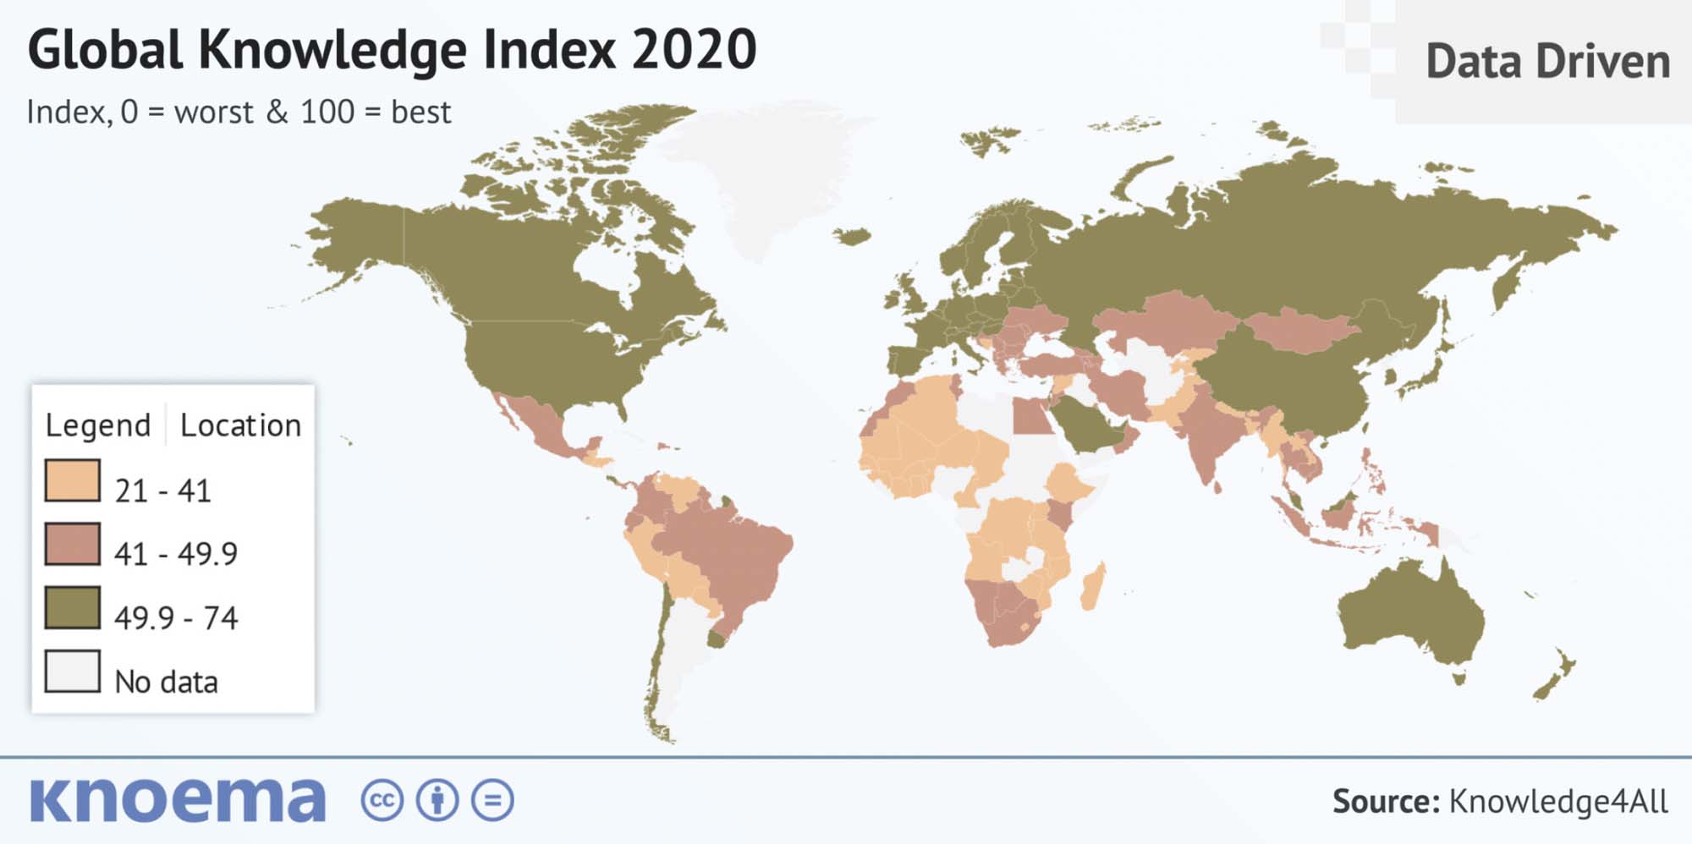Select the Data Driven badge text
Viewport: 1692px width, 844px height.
[x=1547, y=62]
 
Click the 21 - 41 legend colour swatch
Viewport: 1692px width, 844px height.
[x=72, y=480]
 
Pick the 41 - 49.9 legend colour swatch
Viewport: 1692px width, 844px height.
[x=72, y=544]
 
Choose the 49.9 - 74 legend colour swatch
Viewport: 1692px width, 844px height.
[x=72, y=608]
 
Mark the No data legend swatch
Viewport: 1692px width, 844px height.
[x=72, y=671]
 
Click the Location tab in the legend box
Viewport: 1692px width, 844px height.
[x=240, y=425]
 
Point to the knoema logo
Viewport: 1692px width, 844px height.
[x=178, y=800]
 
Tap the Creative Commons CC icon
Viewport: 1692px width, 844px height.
[x=382, y=800]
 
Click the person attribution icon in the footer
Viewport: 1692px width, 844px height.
[x=437, y=800]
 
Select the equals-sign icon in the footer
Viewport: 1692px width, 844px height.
[x=492, y=800]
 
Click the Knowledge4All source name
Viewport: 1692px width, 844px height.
[x=1557, y=801]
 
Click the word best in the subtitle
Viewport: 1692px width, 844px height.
[x=420, y=112]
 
